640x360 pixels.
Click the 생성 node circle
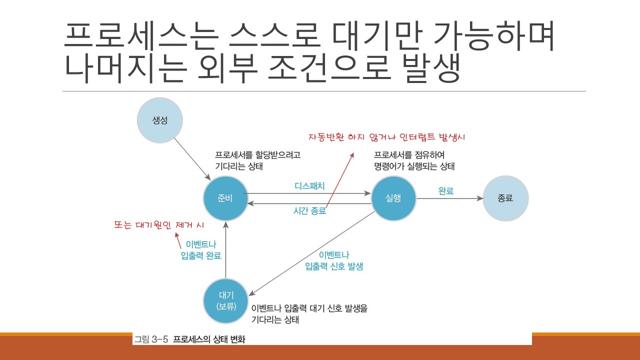coord(159,121)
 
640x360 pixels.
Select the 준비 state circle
coord(226,198)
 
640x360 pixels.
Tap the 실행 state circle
coord(393,198)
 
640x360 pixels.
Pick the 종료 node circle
coord(505,198)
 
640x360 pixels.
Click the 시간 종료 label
coord(309,211)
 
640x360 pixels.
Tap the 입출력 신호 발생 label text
coord(334,266)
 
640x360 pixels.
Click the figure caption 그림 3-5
coord(150,339)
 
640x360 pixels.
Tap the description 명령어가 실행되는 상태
coord(414,166)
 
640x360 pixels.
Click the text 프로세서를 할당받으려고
coord(258,154)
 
